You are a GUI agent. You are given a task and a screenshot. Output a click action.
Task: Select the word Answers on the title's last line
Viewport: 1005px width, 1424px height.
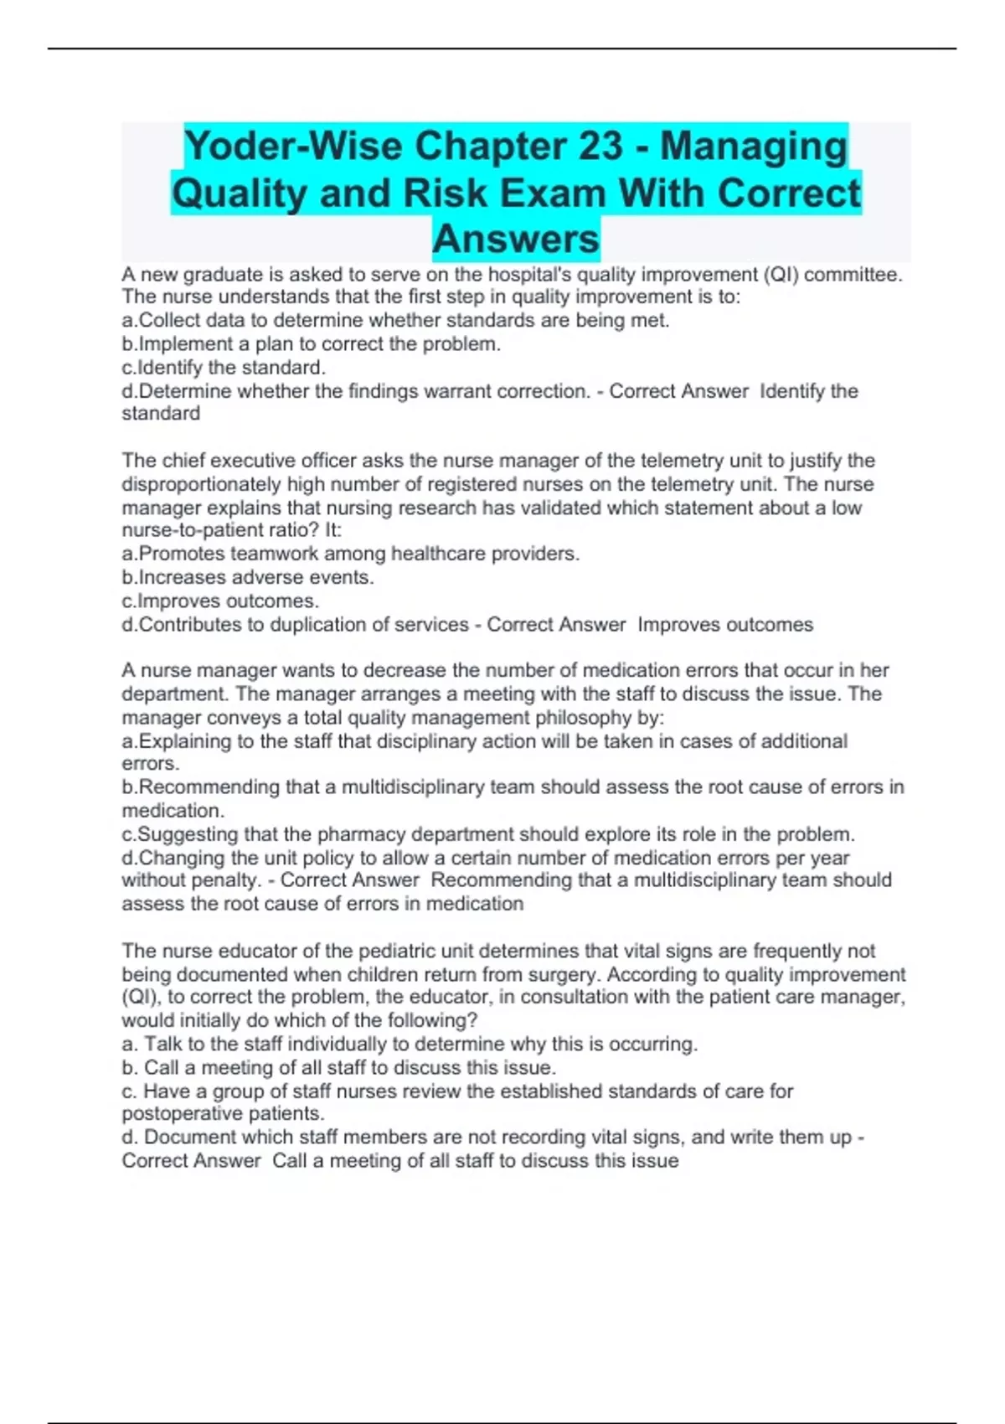[x=516, y=239]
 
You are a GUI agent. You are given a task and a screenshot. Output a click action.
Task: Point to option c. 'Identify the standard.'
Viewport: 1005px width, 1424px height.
[x=224, y=368]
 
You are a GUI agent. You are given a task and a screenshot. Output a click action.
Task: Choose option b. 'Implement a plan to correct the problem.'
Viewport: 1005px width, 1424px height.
[x=312, y=344]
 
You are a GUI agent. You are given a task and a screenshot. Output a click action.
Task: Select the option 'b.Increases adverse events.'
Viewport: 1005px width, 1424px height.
[x=248, y=577]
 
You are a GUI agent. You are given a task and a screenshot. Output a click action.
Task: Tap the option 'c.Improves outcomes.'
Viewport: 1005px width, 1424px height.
[x=220, y=601]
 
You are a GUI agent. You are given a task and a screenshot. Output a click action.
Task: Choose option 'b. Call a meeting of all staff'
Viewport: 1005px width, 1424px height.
[x=339, y=1068]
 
